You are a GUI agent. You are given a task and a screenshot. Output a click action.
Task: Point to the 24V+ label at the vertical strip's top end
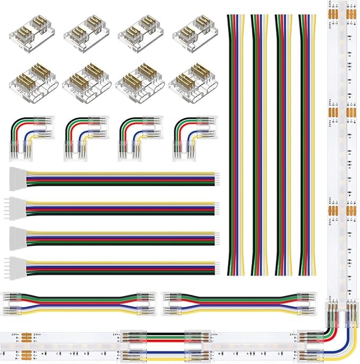(331, 7)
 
